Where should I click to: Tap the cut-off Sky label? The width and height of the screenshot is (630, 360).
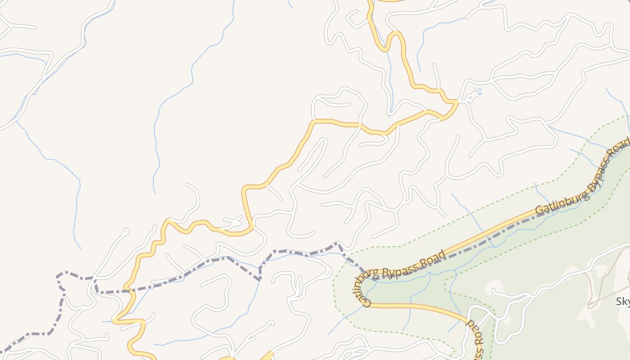[x=623, y=301]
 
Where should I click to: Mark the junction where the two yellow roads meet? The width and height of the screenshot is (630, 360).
[x=457, y=102]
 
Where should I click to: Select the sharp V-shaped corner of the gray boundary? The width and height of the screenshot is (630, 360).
[x=260, y=279]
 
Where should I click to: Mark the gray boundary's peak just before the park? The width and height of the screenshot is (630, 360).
[x=337, y=243]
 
